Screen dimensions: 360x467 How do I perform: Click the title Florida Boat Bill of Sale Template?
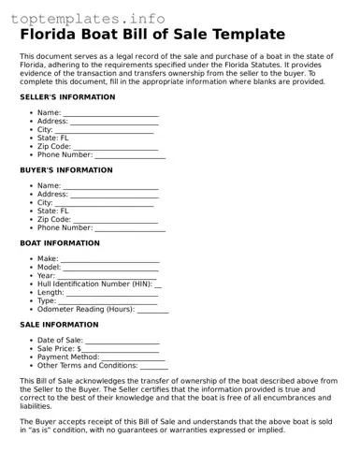(x=152, y=35)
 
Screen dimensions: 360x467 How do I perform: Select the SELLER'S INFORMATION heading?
(x=67, y=97)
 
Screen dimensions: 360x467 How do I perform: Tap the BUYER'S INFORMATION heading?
(x=66, y=170)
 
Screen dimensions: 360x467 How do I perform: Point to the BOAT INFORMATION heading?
(x=60, y=243)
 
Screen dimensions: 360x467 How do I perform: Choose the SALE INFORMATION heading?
(x=59, y=325)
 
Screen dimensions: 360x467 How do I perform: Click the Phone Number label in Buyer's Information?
(x=65, y=227)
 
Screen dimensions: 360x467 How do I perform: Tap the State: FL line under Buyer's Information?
(x=52, y=211)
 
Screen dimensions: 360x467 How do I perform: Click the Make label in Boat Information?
(x=48, y=259)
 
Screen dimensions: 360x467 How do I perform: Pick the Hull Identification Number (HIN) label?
(x=94, y=284)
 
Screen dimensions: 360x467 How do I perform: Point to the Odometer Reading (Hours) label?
(x=86, y=309)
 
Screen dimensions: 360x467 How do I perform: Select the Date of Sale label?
(x=60, y=341)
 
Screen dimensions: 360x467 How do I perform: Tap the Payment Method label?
(x=67, y=357)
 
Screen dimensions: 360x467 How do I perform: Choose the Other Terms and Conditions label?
(x=87, y=365)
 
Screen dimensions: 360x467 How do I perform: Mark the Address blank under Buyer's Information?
(x=115, y=195)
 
